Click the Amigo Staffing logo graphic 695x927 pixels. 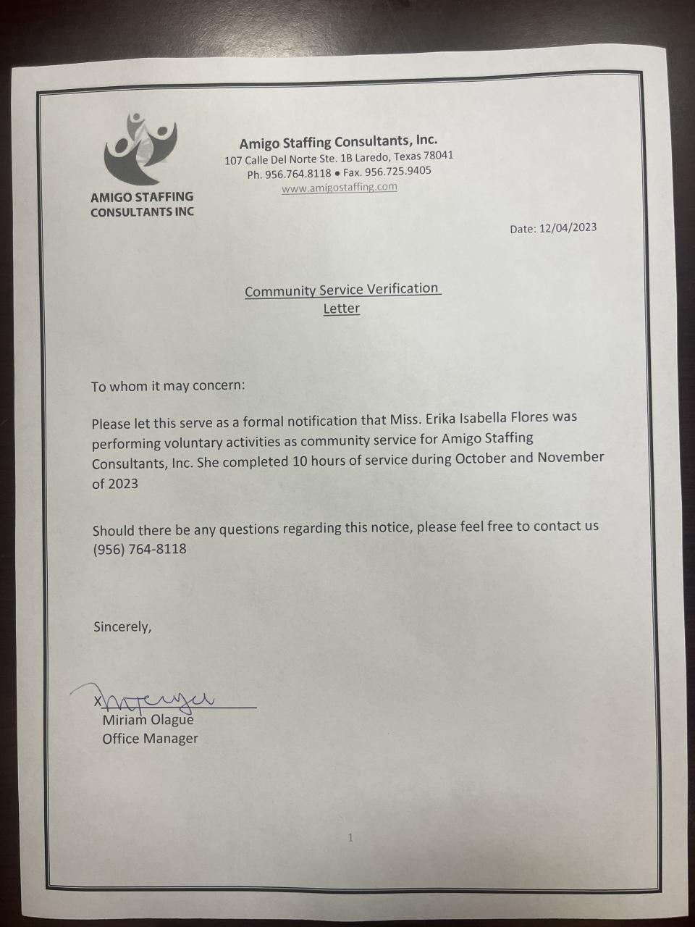tap(140, 149)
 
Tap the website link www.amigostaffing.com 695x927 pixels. tap(339, 187)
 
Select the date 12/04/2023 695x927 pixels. tap(568, 227)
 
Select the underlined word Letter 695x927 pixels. tap(341, 309)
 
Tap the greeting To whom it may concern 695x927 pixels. tap(168, 385)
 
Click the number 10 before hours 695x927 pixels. tap(300, 461)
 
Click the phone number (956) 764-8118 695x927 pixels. tap(140, 549)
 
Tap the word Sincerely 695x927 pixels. tap(122, 626)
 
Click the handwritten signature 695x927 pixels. tap(156, 697)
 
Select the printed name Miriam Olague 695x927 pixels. tap(148, 720)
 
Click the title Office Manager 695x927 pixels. tap(150, 739)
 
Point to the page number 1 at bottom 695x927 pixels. tap(350, 838)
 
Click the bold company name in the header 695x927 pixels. tap(338, 141)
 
